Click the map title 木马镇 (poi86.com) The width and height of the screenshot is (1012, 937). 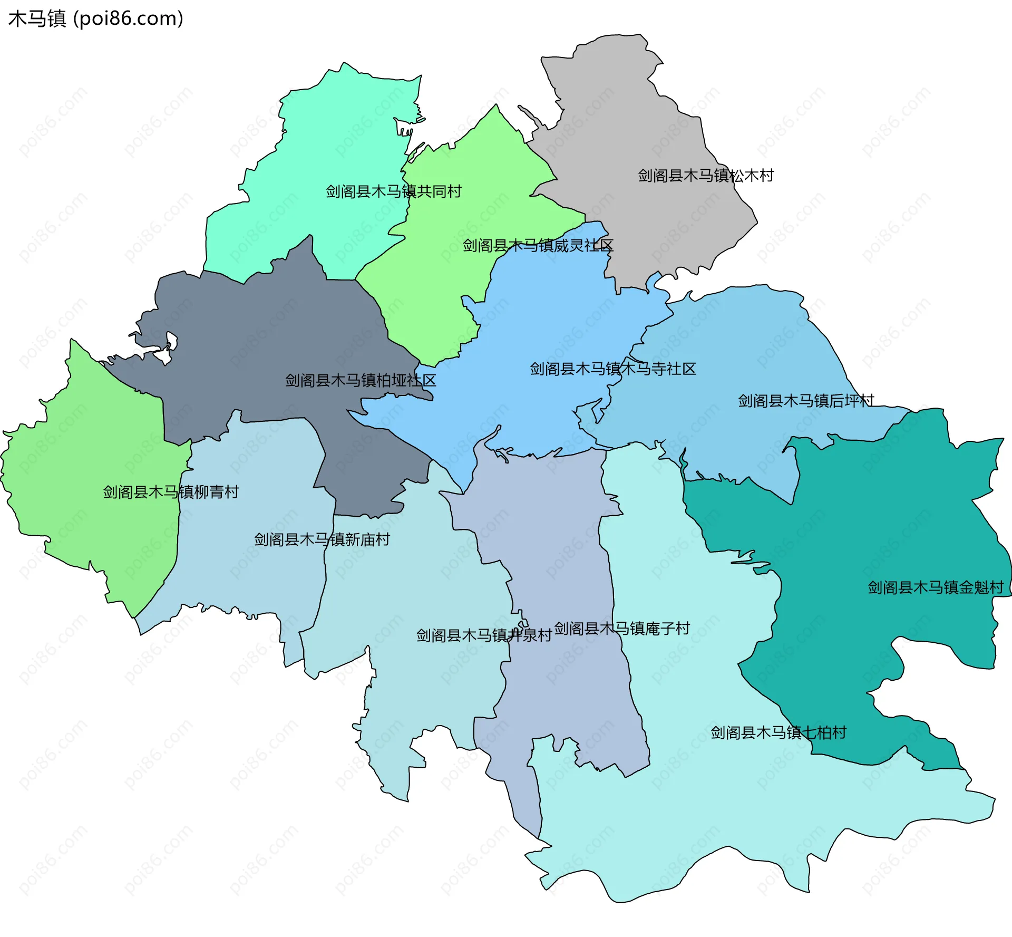[95, 18]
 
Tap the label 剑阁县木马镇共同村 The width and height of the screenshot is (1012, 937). [393, 191]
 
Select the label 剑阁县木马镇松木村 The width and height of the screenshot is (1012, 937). [705, 176]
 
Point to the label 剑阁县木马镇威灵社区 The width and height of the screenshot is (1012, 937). [538, 246]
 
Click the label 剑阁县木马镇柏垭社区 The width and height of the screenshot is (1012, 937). [361, 381]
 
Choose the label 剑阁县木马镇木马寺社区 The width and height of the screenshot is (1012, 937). [612, 369]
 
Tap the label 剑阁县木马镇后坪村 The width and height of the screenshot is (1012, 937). [805, 401]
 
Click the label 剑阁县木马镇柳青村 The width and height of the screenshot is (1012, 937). [171, 492]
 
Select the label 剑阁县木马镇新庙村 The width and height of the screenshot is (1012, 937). [322, 540]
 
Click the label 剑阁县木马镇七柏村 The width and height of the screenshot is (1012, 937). [778, 733]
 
